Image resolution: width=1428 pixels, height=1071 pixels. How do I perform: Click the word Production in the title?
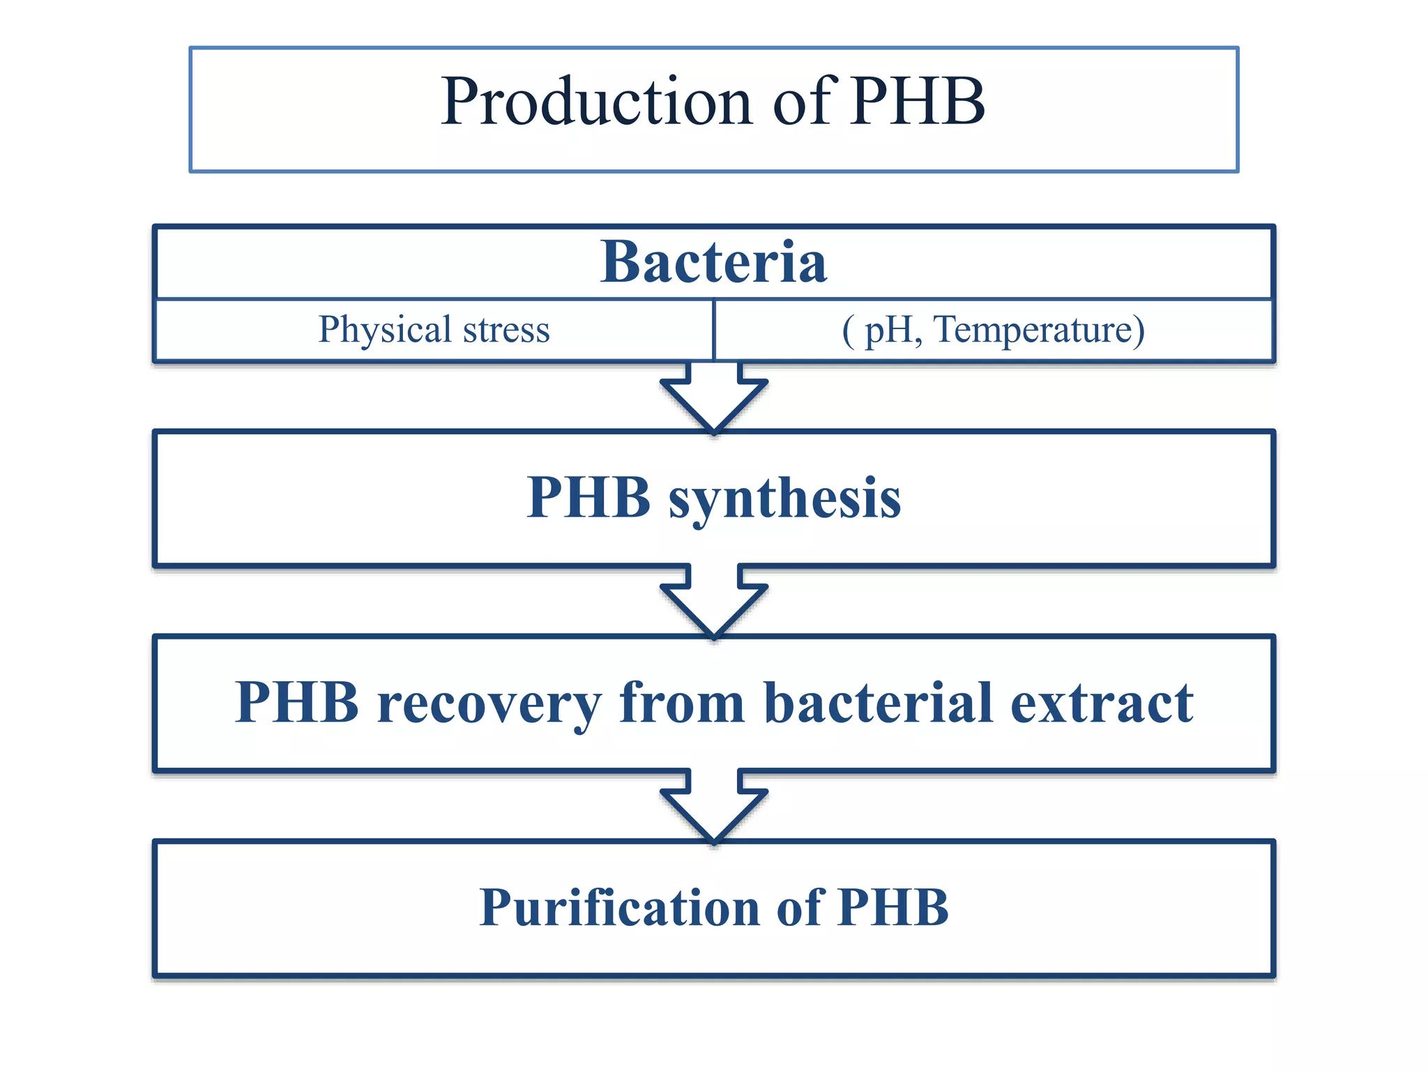pos(597,102)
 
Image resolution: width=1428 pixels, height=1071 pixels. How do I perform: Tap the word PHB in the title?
pos(917,102)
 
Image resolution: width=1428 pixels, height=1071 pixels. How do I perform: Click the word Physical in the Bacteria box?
pos(385,330)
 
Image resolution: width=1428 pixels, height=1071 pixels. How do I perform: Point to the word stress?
pos(506,330)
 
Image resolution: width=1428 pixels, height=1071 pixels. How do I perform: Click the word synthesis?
pos(784,499)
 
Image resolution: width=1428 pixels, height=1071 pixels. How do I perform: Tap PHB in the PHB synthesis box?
pos(588,498)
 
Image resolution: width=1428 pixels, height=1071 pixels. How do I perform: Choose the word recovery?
pos(488,704)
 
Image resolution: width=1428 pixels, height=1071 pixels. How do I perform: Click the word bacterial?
pos(878,702)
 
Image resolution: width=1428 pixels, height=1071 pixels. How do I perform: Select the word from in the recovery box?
pos(682,702)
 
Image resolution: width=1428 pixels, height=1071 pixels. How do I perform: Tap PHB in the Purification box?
pos(893,907)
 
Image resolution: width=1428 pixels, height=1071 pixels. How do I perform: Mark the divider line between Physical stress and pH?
pos(714,330)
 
